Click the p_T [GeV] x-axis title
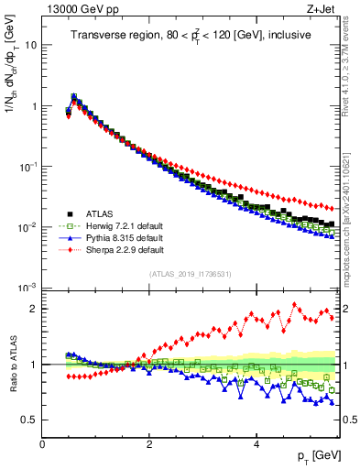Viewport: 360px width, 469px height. tap(316, 456)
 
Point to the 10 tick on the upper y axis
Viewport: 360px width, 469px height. tap(31, 45)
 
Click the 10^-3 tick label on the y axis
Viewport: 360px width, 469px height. tap(28, 288)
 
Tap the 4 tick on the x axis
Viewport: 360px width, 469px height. tap(256, 443)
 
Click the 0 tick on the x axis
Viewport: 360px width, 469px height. tap(42, 443)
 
